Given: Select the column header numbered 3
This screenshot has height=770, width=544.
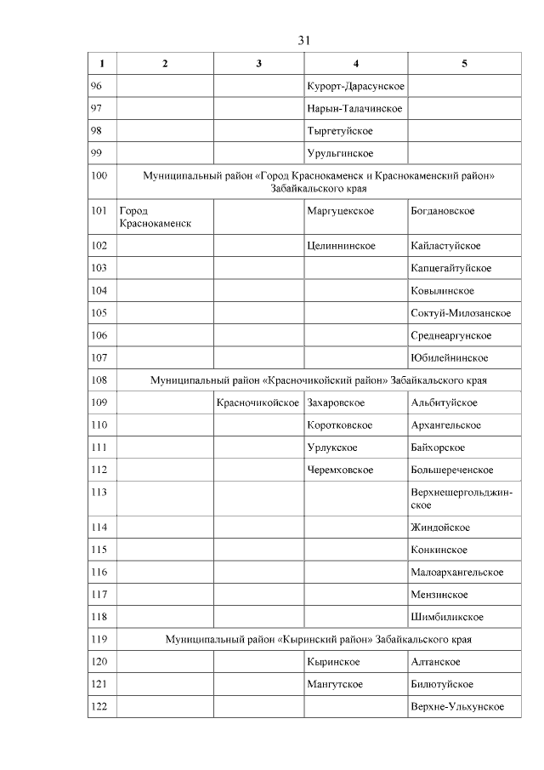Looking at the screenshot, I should point(258,64).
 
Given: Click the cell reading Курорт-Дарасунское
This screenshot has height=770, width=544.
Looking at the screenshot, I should point(354,87).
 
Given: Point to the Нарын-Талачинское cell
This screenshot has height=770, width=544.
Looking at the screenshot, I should point(354,109).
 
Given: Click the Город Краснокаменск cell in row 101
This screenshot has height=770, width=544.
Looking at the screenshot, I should point(155,217).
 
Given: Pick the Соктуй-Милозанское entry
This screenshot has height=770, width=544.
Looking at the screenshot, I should point(461,313).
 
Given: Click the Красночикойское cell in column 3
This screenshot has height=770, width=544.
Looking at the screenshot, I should point(258,402).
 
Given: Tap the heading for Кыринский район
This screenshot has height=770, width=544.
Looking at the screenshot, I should point(318,639).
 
